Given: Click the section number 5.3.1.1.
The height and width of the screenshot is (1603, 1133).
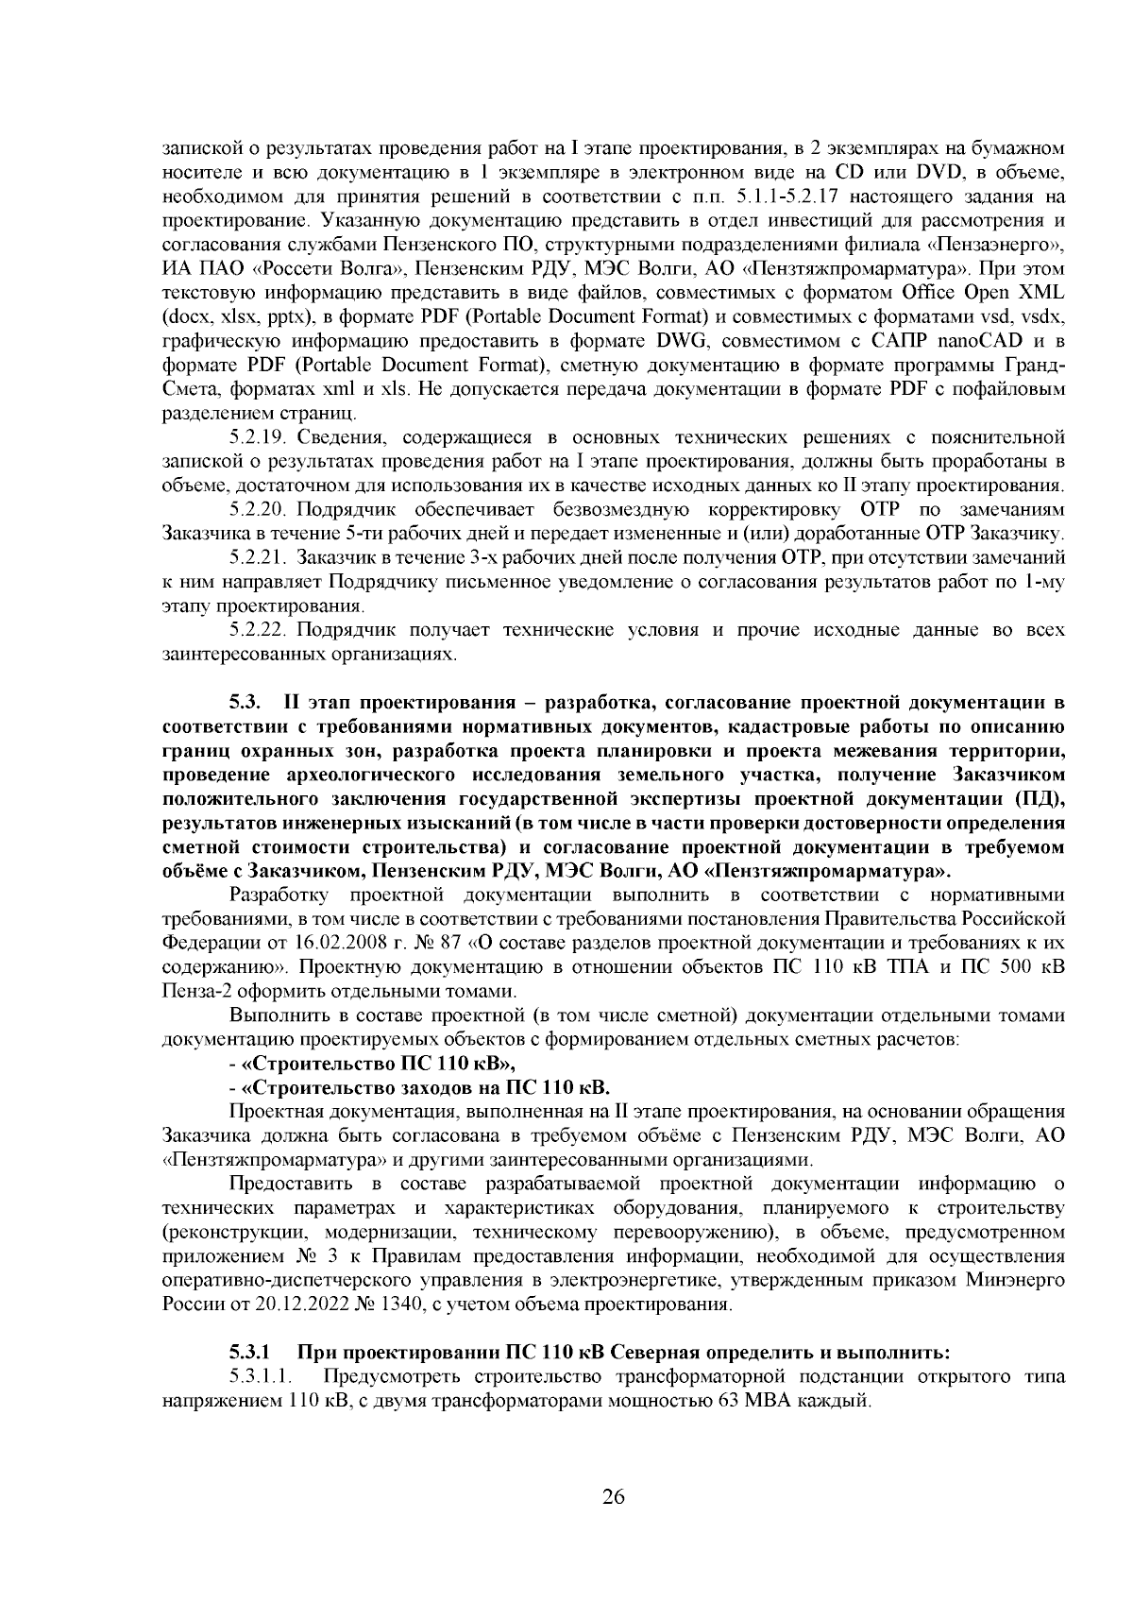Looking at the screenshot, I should (x=267, y=1377).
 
